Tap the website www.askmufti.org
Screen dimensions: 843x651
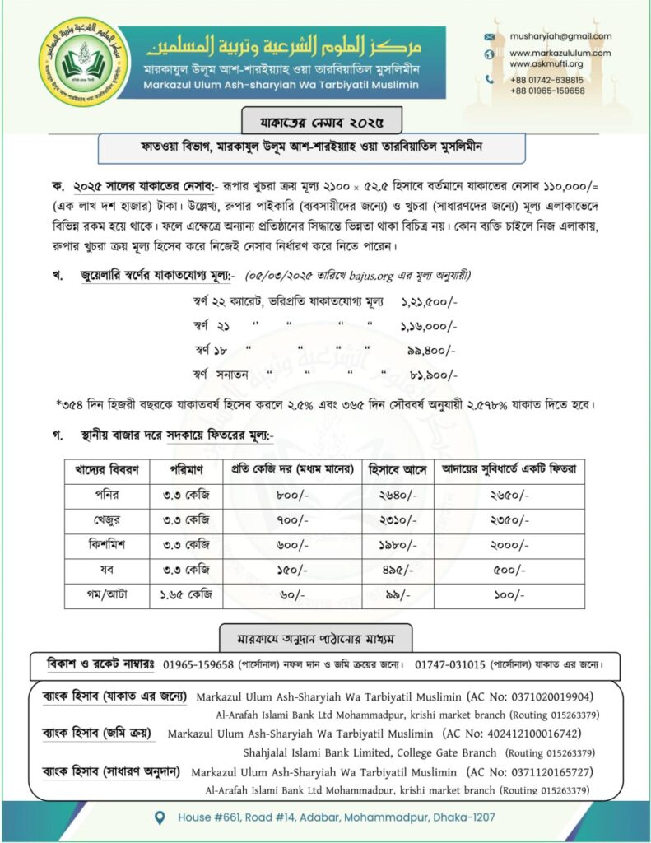(x=546, y=63)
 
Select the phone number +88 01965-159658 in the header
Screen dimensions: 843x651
(x=547, y=91)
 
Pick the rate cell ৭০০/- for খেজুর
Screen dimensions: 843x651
(x=291, y=520)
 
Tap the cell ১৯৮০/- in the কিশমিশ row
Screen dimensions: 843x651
(x=398, y=545)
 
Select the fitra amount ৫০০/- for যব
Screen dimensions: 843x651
(x=510, y=571)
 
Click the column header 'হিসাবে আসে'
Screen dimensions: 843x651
(x=398, y=470)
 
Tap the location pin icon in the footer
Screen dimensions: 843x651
(x=161, y=817)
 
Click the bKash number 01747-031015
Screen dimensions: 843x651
(x=450, y=664)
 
